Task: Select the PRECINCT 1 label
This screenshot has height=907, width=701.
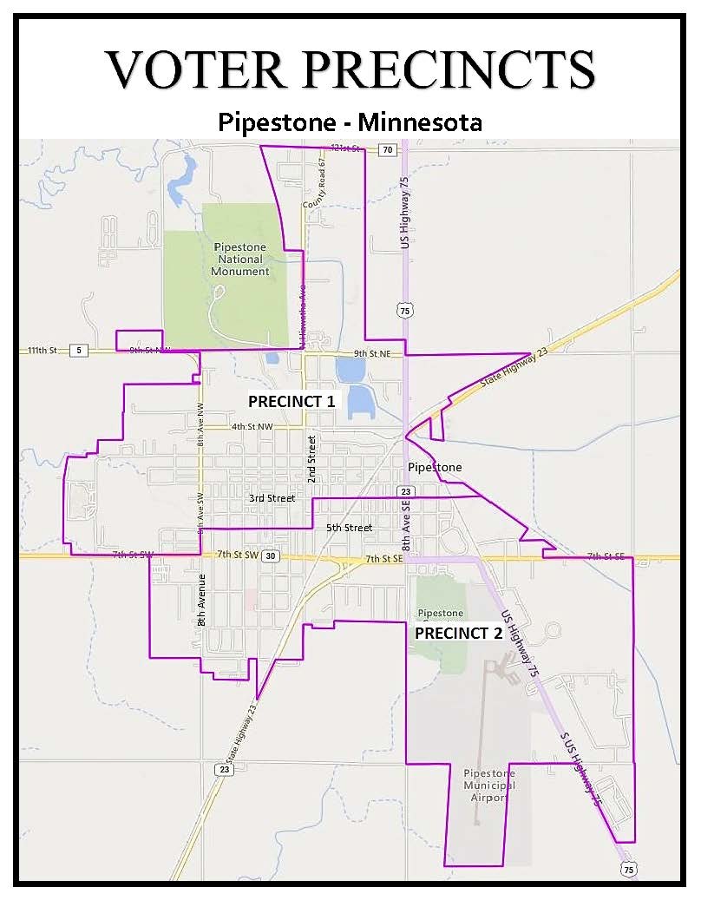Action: point(292,402)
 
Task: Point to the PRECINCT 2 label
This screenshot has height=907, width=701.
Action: point(458,634)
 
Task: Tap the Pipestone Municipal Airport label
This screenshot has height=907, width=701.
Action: point(489,785)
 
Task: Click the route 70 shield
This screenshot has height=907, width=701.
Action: point(387,150)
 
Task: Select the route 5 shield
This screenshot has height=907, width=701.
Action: point(79,351)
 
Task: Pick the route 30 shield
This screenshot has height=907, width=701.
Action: point(271,556)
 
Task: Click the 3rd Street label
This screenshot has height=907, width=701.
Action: point(272,498)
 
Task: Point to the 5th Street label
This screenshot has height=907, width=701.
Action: point(349,528)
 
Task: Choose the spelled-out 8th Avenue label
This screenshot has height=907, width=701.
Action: point(200,601)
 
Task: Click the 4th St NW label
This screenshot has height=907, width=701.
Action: point(252,427)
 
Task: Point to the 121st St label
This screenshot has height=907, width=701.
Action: point(345,149)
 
